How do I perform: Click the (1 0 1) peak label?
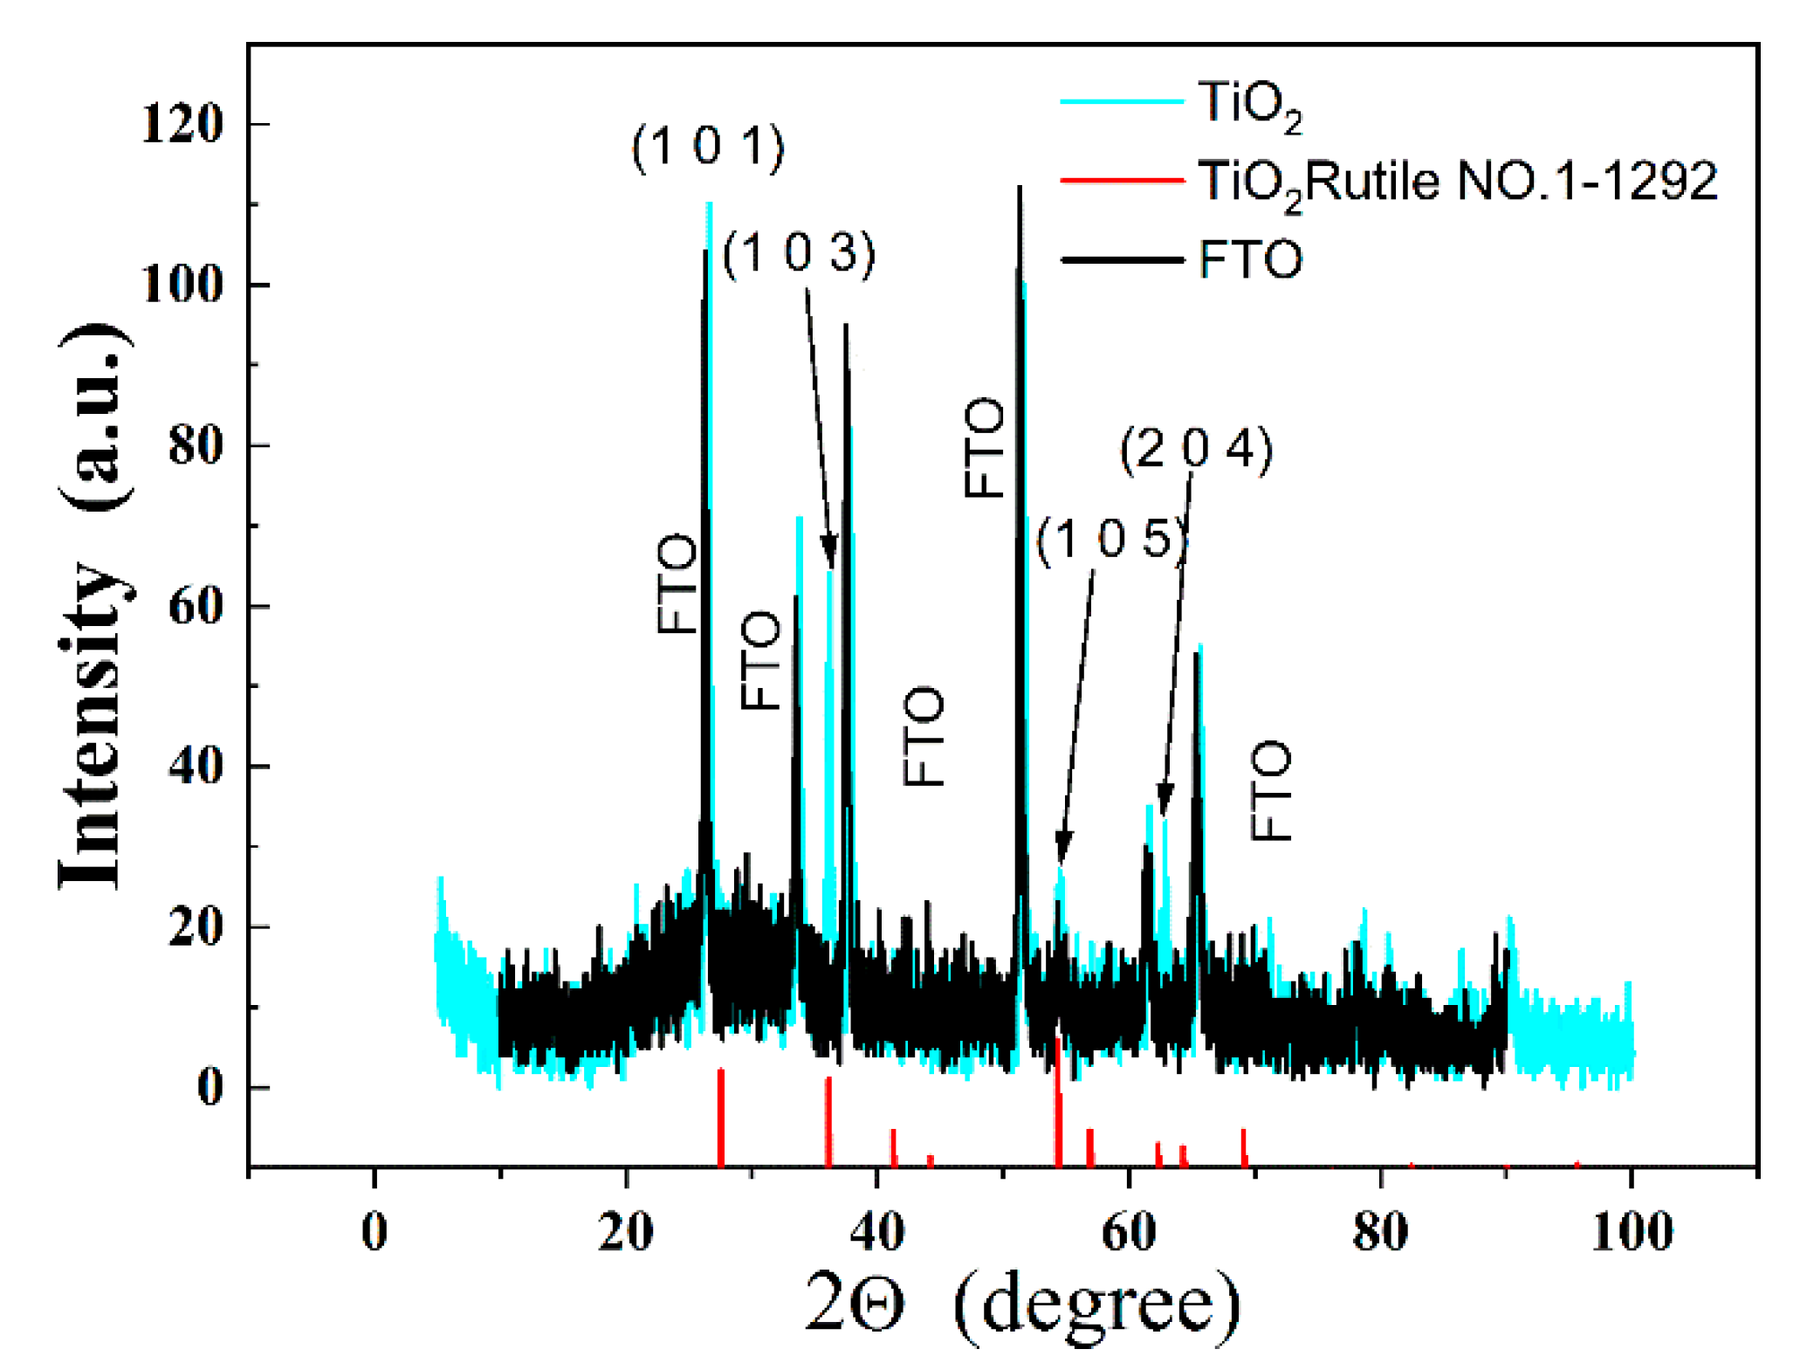pos(708,147)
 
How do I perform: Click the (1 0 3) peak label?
pos(799,254)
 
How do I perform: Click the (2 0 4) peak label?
pos(1196,451)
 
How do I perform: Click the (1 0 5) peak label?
pos(1112,539)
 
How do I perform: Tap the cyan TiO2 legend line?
pos(1122,102)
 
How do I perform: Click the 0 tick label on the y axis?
pos(210,1088)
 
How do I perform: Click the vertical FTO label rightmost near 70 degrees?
pos(1271,791)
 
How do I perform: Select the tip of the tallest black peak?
pos(1019,189)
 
